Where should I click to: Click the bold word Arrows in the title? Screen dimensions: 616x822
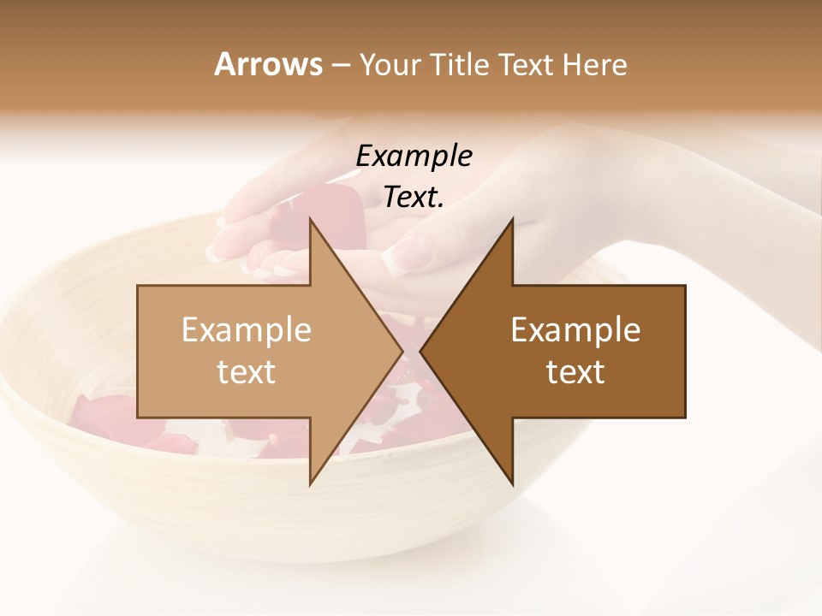(x=268, y=64)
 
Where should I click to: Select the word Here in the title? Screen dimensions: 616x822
(x=594, y=64)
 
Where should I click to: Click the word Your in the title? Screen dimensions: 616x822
(x=390, y=65)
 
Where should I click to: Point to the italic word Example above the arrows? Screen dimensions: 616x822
(x=414, y=156)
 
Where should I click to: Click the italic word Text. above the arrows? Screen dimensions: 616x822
(x=414, y=198)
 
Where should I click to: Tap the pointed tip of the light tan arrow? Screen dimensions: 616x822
(x=402, y=351)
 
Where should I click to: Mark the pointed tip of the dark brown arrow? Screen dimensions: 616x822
(x=420, y=351)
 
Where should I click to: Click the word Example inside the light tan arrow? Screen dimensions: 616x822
(x=246, y=330)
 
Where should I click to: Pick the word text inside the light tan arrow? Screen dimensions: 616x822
(x=246, y=372)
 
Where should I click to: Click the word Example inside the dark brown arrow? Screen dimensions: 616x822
(x=575, y=330)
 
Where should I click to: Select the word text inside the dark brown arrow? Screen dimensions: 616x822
(x=575, y=372)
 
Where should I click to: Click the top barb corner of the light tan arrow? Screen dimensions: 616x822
(x=311, y=220)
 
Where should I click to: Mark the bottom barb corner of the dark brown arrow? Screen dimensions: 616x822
(x=512, y=483)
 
